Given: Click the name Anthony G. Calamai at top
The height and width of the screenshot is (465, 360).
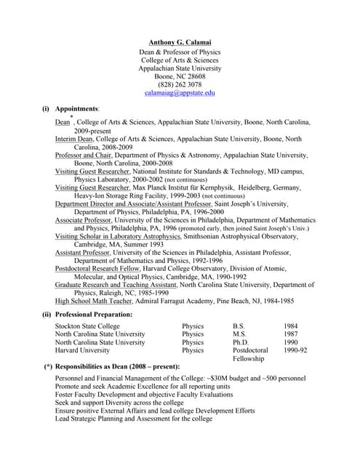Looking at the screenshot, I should click(x=180, y=42).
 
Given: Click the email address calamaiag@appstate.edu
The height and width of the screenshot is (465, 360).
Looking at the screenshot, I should click(x=180, y=93).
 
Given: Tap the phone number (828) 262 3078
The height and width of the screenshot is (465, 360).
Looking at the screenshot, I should click(x=180, y=84).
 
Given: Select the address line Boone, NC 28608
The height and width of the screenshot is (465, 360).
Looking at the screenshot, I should click(x=180, y=76).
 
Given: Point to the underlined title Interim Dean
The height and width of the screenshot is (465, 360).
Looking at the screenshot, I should click(x=75, y=139).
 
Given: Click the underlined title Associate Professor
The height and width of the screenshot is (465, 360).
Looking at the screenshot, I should click(x=83, y=219).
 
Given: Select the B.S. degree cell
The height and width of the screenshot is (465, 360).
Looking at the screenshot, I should click(x=239, y=326).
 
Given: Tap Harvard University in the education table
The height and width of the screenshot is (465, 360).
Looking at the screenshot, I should click(x=82, y=350).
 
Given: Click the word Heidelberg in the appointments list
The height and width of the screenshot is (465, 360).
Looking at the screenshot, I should click(x=265, y=187).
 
